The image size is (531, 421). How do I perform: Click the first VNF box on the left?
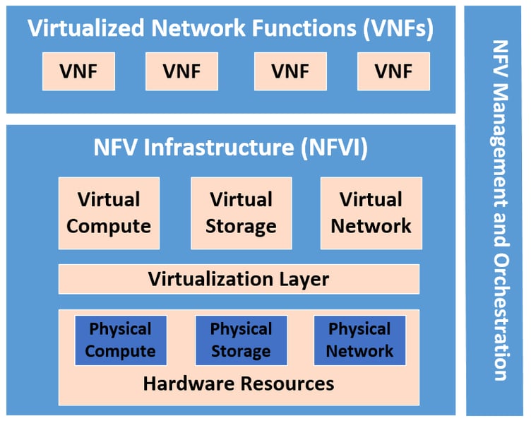click(78, 71)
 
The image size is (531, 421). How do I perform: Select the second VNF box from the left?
click(181, 71)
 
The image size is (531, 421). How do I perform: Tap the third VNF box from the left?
click(290, 71)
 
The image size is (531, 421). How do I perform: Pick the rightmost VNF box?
click(393, 71)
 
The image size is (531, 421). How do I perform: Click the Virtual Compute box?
click(109, 213)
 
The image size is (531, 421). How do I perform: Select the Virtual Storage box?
click(241, 213)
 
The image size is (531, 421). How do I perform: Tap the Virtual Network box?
click(371, 213)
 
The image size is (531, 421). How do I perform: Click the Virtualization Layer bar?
click(239, 279)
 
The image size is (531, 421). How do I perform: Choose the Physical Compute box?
click(121, 340)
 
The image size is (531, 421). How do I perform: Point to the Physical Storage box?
click(241, 340)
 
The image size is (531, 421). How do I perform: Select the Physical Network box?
click(359, 340)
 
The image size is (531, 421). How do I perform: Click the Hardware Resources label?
click(239, 384)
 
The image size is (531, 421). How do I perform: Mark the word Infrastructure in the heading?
click(217, 148)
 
